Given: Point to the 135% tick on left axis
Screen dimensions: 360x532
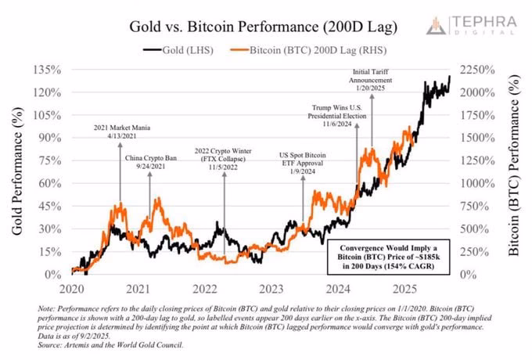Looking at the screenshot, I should pos(46,70).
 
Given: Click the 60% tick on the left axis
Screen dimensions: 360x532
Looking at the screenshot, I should pos(49,183).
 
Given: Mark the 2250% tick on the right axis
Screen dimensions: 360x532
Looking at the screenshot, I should pos(479,70).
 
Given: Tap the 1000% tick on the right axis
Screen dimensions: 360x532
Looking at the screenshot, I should pos(479,183).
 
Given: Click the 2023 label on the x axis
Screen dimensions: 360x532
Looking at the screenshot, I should pos(271,287).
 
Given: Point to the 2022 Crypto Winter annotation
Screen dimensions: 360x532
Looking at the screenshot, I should pos(225,156).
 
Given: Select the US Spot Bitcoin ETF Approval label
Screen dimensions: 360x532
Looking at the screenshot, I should pos(304,161).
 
